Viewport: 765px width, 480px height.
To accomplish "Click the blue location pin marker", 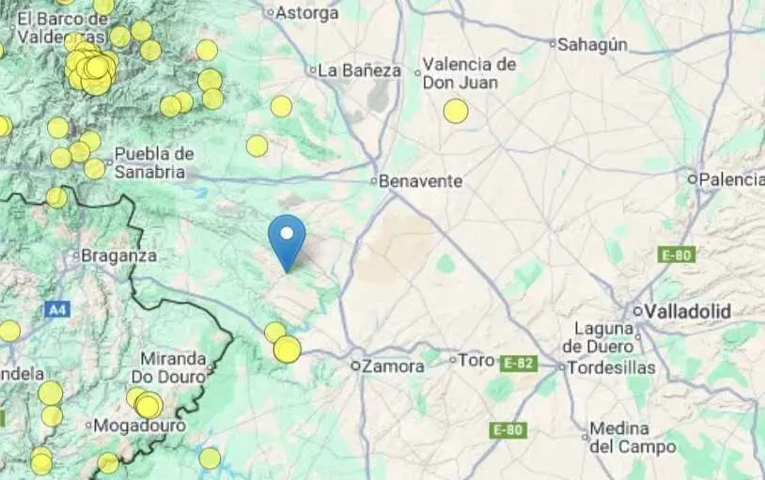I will tap(287, 239).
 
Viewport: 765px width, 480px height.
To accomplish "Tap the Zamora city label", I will tap(394, 366).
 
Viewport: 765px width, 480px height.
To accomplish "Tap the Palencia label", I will tap(731, 178).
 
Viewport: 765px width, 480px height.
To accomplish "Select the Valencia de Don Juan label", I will tap(469, 72).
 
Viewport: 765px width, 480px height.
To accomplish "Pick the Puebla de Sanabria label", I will tap(154, 163).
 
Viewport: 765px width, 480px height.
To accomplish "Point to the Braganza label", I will tap(118, 255).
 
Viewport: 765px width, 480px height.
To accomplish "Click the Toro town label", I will tap(476, 360).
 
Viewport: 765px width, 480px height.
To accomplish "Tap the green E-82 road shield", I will tap(519, 363).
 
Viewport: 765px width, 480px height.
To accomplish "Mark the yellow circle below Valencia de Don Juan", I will tap(456, 111).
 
